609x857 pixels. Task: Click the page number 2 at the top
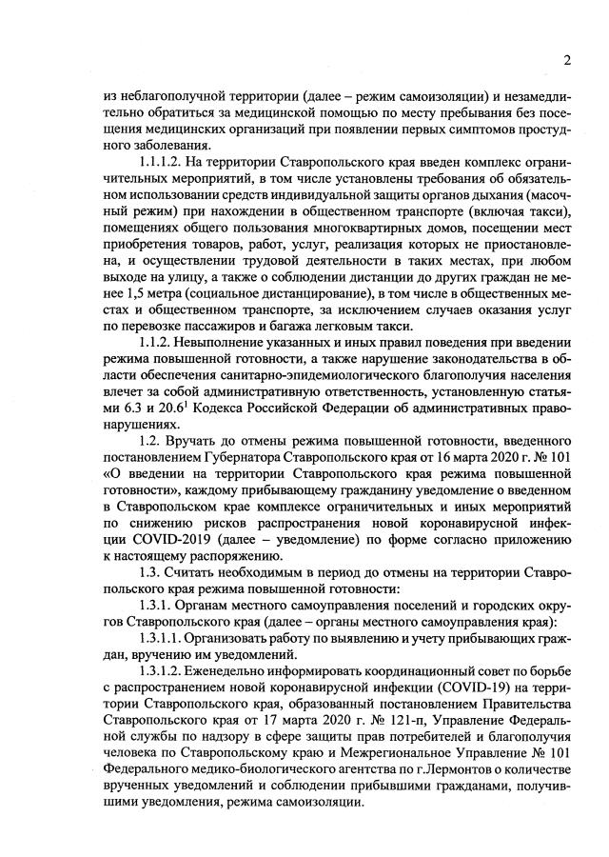pyautogui.click(x=566, y=61)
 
